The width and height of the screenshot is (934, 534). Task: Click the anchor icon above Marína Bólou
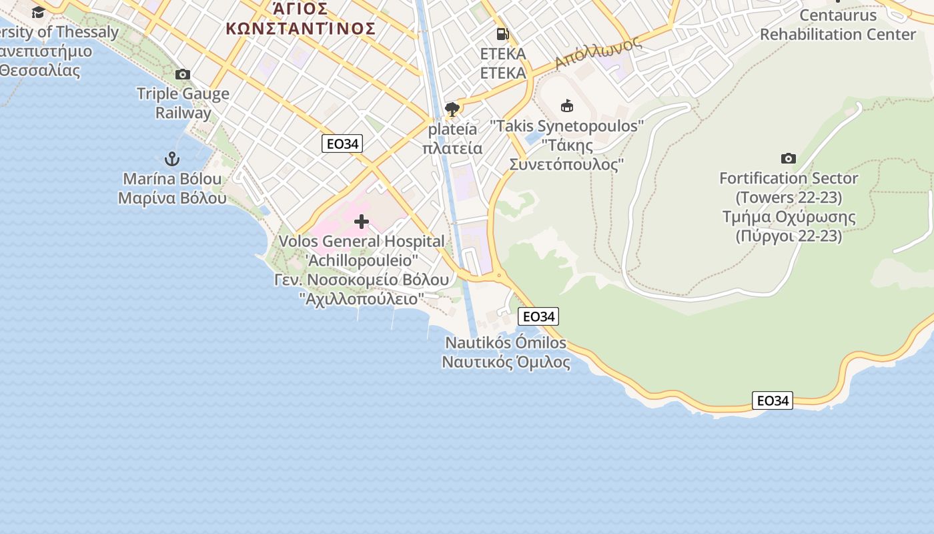pyautogui.click(x=172, y=159)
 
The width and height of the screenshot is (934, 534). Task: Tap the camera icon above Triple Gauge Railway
pyautogui.click(x=182, y=74)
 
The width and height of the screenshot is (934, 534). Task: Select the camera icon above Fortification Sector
pyautogui.click(x=789, y=158)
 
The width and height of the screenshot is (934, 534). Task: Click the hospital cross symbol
pyautogui.click(x=362, y=222)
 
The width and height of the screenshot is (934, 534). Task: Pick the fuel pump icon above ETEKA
pyautogui.click(x=502, y=34)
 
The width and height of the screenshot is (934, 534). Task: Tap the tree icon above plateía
pyautogui.click(x=452, y=109)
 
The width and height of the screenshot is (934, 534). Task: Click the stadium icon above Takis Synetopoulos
pyautogui.click(x=567, y=105)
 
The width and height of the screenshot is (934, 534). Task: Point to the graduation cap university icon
pyautogui.click(x=38, y=12)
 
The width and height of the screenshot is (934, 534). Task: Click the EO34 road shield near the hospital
pyautogui.click(x=342, y=144)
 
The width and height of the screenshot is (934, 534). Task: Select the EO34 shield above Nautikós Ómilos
pyautogui.click(x=538, y=316)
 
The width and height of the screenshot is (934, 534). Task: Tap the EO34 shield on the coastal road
pyautogui.click(x=773, y=400)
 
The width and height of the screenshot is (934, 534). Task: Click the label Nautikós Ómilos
pyautogui.click(x=506, y=343)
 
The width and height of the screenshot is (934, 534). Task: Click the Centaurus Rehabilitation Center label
pyautogui.click(x=838, y=25)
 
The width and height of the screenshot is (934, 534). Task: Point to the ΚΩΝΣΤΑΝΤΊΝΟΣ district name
pyautogui.click(x=300, y=29)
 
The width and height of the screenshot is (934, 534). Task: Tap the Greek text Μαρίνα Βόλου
pyautogui.click(x=172, y=198)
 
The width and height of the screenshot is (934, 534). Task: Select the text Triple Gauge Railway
pyautogui.click(x=183, y=103)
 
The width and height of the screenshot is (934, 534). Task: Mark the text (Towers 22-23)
pyautogui.click(x=789, y=198)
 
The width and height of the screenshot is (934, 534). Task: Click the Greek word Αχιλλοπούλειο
pyautogui.click(x=361, y=298)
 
